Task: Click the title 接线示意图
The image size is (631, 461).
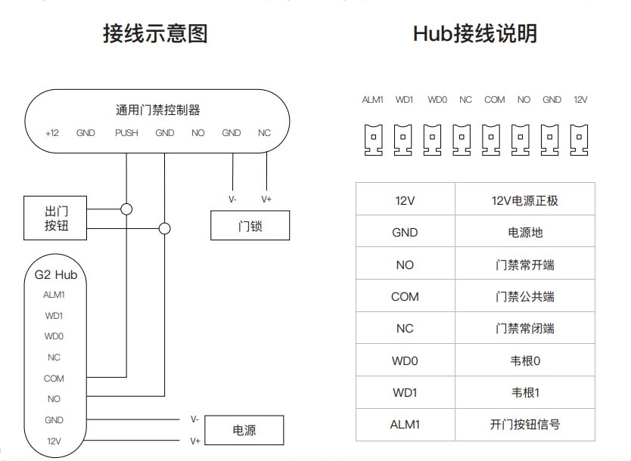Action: (x=155, y=34)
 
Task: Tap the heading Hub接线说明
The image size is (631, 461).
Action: (x=475, y=34)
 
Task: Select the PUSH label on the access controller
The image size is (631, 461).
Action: (x=126, y=133)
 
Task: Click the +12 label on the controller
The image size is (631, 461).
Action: (x=51, y=133)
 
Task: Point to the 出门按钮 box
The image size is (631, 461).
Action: (x=56, y=218)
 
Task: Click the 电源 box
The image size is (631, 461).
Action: (x=244, y=430)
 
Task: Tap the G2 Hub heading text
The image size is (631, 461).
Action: (x=56, y=274)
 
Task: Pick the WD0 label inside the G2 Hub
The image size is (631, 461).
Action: (x=54, y=336)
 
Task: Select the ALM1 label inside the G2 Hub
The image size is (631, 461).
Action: (x=54, y=295)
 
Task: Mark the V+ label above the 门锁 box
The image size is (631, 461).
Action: (x=266, y=200)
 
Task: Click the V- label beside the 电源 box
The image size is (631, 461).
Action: (x=194, y=419)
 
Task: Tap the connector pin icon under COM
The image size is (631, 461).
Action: (x=493, y=139)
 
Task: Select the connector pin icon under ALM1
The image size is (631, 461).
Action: (x=373, y=139)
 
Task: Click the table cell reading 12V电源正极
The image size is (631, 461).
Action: (x=524, y=200)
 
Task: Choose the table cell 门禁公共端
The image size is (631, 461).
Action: (x=524, y=297)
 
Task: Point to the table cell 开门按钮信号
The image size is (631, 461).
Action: (x=524, y=424)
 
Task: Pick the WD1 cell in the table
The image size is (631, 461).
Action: (x=405, y=392)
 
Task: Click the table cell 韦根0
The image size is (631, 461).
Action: (x=524, y=360)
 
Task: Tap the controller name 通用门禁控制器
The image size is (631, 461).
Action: (x=157, y=110)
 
